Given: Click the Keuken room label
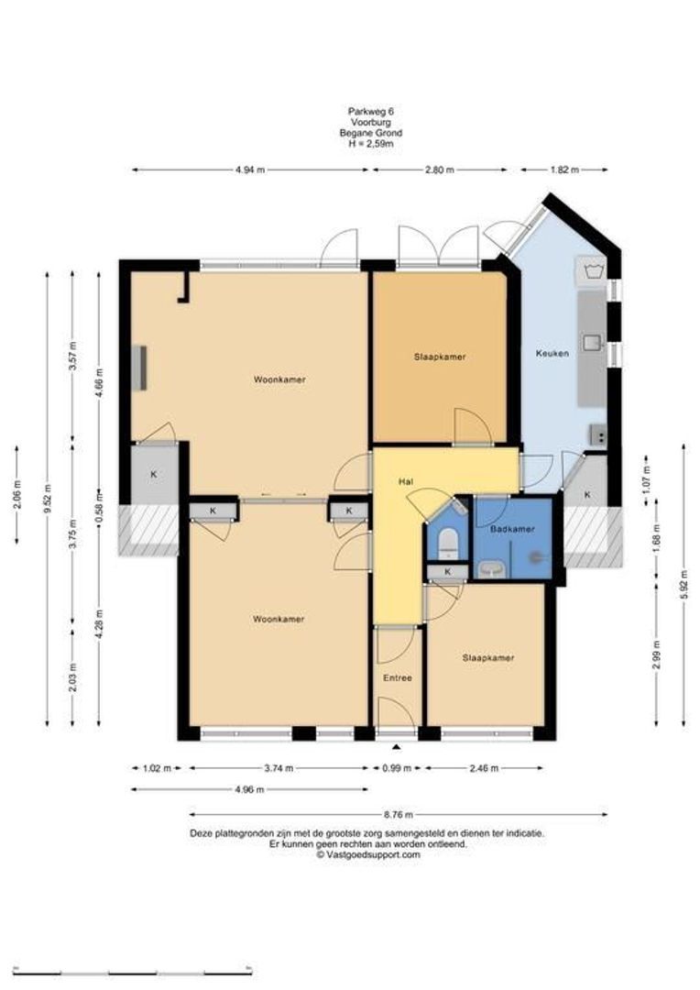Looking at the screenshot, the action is pyautogui.click(x=552, y=353).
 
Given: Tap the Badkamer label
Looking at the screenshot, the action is pyautogui.click(x=512, y=529).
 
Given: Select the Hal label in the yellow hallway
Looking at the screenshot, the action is pyautogui.click(x=406, y=482).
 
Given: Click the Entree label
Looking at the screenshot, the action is pyautogui.click(x=398, y=677).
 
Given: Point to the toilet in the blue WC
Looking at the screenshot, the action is pyautogui.click(x=448, y=544).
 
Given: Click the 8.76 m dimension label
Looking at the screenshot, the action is pyautogui.click(x=399, y=815).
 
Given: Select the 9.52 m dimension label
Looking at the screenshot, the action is pyautogui.click(x=48, y=499).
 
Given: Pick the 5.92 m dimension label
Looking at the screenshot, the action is pyautogui.click(x=684, y=585).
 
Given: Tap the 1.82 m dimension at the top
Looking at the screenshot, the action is pyautogui.click(x=564, y=170).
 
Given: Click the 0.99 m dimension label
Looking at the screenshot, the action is pyautogui.click(x=397, y=768).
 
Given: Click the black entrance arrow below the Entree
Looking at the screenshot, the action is pyautogui.click(x=397, y=748).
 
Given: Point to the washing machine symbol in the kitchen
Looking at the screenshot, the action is pyautogui.click(x=591, y=271).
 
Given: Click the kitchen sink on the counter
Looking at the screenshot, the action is pyautogui.click(x=592, y=342).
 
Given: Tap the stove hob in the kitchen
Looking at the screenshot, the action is pyautogui.click(x=597, y=435).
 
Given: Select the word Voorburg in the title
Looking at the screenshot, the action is pyautogui.click(x=370, y=122).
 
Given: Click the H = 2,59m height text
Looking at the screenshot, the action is pyautogui.click(x=371, y=143).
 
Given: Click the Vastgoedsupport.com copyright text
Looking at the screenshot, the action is pyautogui.click(x=368, y=855).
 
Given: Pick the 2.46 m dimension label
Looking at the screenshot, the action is pyautogui.click(x=484, y=768).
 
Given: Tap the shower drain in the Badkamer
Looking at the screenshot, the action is pyautogui.click(x=536, y=557).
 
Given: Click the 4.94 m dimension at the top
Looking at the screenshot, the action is pyautogui.click(x=250, y=170).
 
